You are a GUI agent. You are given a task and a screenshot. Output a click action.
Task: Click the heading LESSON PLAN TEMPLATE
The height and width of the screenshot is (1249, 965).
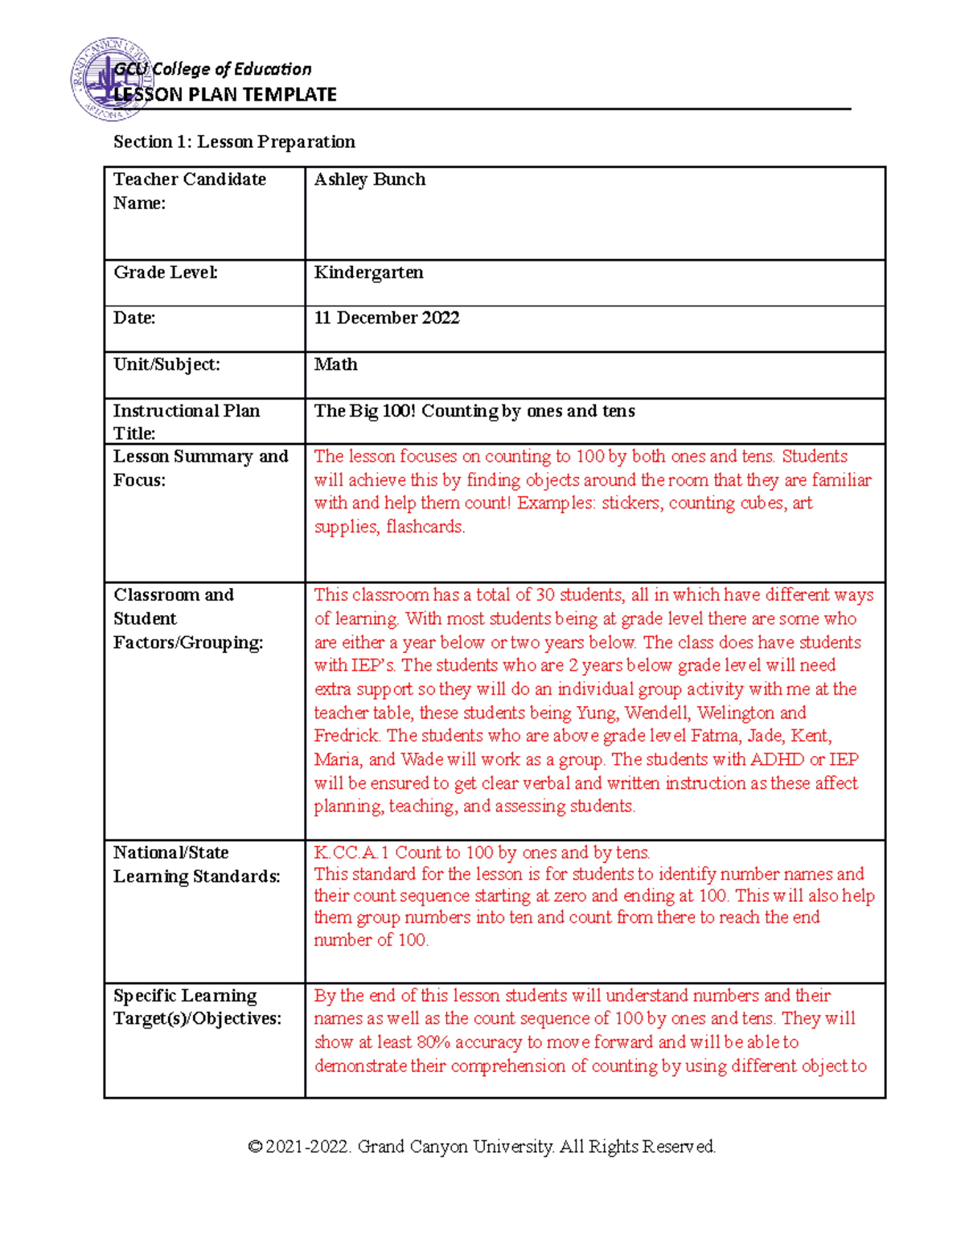click(225, 95)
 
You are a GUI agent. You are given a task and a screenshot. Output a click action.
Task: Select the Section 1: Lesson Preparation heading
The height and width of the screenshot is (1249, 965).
click(234, 142)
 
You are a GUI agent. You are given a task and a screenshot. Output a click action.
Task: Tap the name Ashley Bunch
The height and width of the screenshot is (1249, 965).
click(369, 179)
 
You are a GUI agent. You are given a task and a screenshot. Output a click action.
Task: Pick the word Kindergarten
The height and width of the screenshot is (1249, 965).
click(368, 273)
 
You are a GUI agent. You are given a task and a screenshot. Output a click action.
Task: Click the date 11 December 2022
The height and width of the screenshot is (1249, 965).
click(386, 318)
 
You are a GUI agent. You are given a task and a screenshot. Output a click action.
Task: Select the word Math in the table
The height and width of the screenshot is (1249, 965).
click(335, 364)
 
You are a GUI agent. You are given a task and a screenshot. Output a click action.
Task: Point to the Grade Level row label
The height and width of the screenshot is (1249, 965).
click(165, 273)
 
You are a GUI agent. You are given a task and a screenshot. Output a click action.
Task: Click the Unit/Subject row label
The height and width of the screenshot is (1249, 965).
click(166, 364)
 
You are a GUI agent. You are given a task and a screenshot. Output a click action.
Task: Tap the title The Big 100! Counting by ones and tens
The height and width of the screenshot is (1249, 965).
click(474, 411)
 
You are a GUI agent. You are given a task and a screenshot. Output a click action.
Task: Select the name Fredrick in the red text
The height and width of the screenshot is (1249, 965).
click(346, 736)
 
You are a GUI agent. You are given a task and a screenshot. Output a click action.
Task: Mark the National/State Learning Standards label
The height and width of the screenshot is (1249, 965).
click(196, 865)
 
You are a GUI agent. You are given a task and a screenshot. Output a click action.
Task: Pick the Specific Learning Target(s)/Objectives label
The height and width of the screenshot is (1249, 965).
click(197, 1007)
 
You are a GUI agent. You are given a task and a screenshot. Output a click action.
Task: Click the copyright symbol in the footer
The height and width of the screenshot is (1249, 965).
click(255, 1147)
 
